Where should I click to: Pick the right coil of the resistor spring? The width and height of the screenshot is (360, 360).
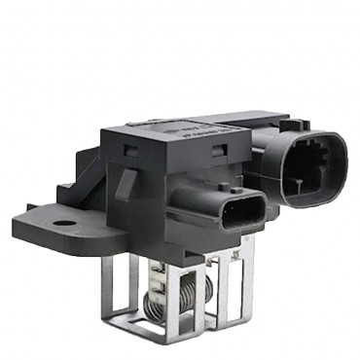click(187, 292)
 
